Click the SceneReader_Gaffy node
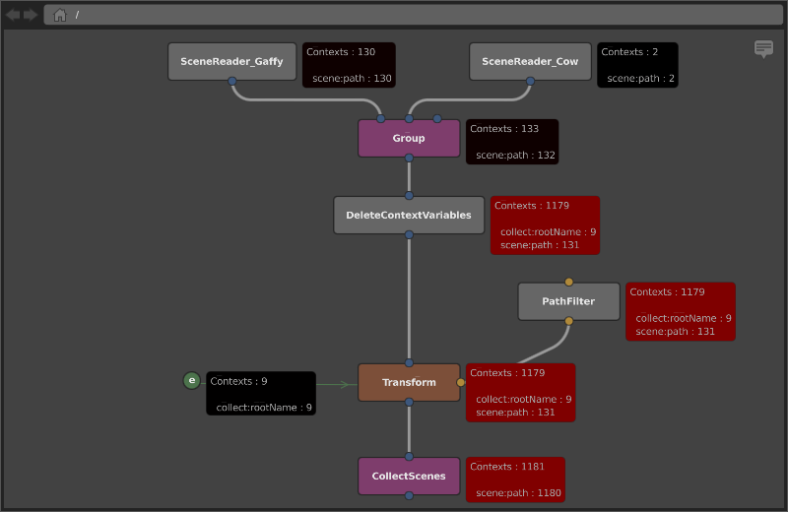(231, 61)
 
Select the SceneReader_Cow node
(530, 61)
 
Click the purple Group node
(409, 138)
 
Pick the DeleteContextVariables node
(409, 215)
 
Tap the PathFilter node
(568, 301)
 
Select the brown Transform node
(409, 382)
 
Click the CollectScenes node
(409, 476)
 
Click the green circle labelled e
(191, 380)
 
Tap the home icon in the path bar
(60, 15)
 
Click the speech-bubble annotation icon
(763, 48)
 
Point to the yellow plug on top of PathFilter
(568, 282)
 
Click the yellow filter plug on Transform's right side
(460, 382)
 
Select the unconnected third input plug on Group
(437, 118)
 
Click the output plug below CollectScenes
(409, 495)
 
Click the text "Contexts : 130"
(341, 52)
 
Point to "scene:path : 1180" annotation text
(518, 493)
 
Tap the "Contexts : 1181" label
(507, 467)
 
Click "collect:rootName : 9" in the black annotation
(264, 408)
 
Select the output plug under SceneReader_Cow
(530, 81)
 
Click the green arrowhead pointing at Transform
(345, 385)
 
